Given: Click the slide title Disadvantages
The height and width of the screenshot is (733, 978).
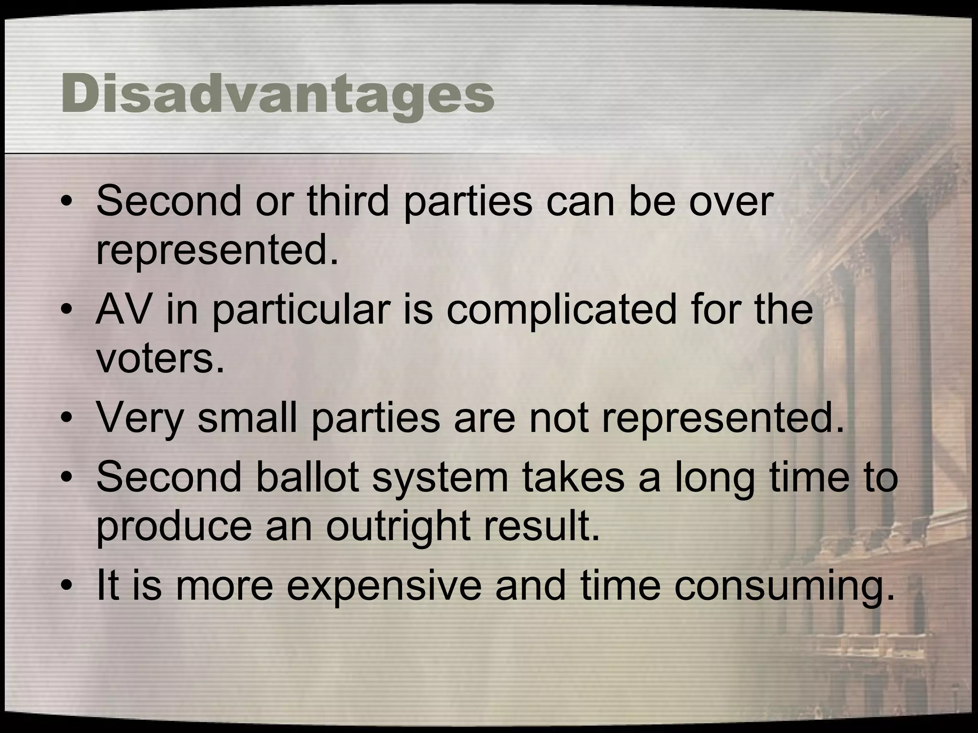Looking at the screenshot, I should click(277, 95).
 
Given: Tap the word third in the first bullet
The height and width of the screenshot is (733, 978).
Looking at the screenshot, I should click(348, 201).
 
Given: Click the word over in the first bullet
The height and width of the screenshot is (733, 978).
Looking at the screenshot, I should click(730, 201).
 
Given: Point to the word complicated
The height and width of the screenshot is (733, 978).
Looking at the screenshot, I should click(562, 310).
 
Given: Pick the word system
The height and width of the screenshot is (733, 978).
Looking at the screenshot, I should click(440, 478).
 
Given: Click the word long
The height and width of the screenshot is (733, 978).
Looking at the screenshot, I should click(714, 478).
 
